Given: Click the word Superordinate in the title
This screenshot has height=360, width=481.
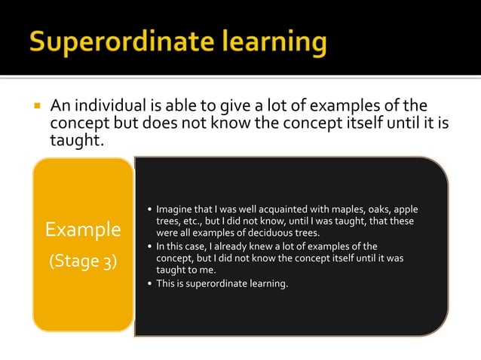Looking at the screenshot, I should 124,41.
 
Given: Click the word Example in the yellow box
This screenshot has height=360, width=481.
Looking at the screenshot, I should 83,229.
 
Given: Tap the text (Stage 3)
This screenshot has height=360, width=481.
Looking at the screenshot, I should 83,262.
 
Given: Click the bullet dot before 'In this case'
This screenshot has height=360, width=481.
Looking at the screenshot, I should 149,246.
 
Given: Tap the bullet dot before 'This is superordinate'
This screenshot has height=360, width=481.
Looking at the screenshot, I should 149,283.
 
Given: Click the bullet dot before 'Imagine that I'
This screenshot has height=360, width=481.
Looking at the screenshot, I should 149,209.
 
